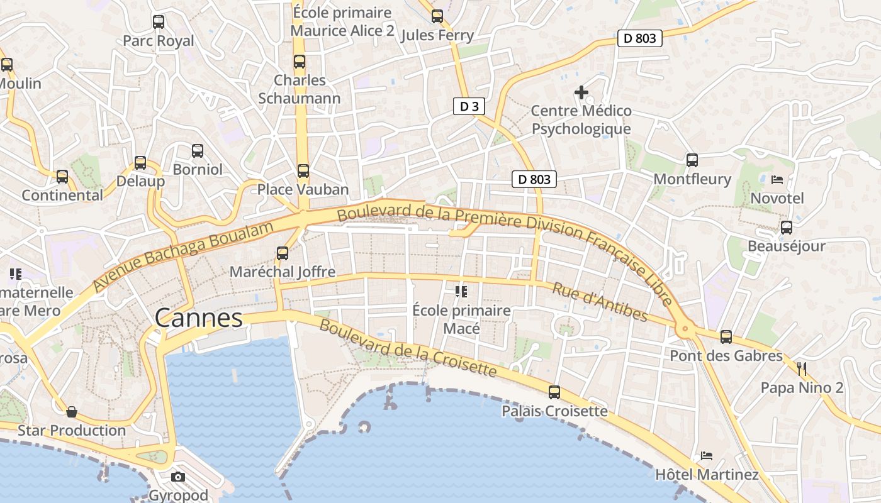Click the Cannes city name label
(199, 318)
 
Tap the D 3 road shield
(469, 106)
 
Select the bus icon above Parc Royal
(159, 22)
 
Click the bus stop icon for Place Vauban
(303, 171)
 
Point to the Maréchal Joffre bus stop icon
(283, 253)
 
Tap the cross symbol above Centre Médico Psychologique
(581, 92)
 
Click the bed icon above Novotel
(777, 180)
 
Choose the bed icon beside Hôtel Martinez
(707, 456)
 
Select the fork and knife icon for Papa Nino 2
(802, 368)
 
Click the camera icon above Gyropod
(178, 477)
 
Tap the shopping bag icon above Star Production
(72, 412)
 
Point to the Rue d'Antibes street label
(600, 302)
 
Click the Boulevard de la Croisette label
(408, 348)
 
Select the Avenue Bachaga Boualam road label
(184, 256)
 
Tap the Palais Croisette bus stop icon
(554, 392)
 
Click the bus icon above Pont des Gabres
(726, 337)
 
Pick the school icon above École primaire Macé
(461, 292)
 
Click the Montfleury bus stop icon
(692, 160)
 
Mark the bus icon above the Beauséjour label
(786, 228)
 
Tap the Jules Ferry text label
(437, 35)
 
